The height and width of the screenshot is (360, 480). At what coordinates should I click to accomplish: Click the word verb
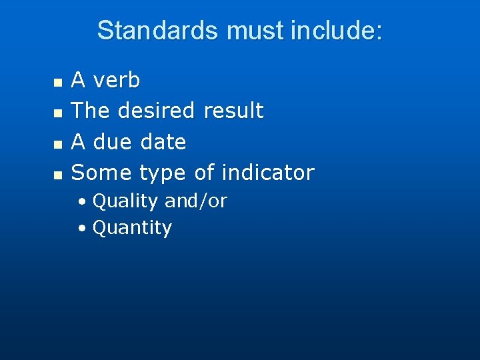click(x=117, y=81)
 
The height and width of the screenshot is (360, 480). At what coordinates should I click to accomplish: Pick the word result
click(x=233, y=111)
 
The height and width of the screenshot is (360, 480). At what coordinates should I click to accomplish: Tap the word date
click(x=163, y=141)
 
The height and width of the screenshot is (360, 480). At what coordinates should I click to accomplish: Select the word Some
click(x=102, y=173)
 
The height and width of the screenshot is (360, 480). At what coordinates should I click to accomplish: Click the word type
click(x=163, y=173)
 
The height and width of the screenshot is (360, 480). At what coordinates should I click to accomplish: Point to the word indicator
click(x=268, y=173)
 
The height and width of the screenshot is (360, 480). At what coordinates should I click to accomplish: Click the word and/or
click(x=195, y=201)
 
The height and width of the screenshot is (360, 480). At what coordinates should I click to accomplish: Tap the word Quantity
click(x=132, y=228)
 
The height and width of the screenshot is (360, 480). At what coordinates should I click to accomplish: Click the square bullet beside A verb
click(x=57, y=83)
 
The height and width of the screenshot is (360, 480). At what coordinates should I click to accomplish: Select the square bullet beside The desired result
click(x=57, y=113)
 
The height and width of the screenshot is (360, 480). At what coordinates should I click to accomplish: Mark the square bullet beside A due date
click(x=57, y=144)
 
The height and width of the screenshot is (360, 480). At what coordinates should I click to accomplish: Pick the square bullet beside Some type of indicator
click(x=57, y=175)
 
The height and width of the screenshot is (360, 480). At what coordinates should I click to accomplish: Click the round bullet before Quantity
click(x=81, y=229)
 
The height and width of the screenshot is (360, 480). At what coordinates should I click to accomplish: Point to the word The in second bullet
click(x=91, y=111)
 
